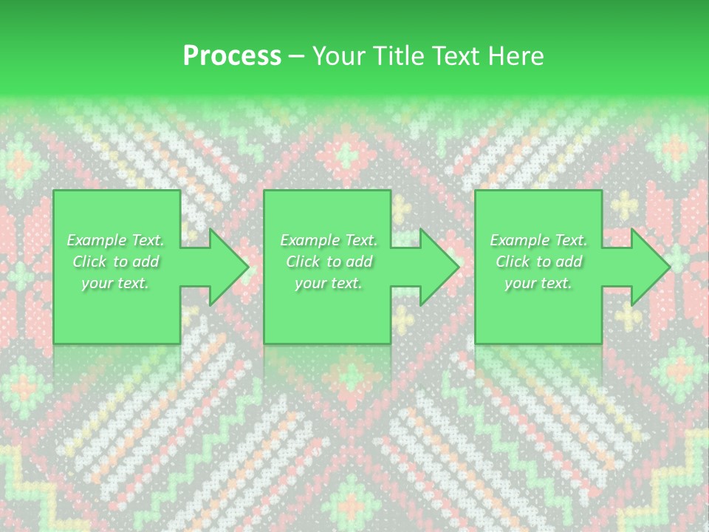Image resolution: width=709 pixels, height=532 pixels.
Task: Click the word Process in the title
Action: point(232,56)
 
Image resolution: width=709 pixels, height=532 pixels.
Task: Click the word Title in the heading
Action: point(399,56)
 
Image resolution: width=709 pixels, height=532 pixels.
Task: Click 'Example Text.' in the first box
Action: point(115,240)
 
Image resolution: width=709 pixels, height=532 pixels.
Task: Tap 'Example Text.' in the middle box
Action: point(328,240)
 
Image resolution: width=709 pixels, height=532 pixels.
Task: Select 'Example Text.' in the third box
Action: point(538,240)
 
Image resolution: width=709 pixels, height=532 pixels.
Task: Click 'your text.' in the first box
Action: point(115,283)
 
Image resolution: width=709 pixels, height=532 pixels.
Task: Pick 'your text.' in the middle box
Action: point(328,283)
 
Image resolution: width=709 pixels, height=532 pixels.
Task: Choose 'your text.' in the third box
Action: point(538,283)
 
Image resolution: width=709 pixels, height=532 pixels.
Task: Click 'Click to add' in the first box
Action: point(115,262)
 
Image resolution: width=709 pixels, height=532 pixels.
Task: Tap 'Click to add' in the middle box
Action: point(328,262)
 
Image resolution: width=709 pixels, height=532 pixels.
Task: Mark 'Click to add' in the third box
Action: point(538,262)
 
